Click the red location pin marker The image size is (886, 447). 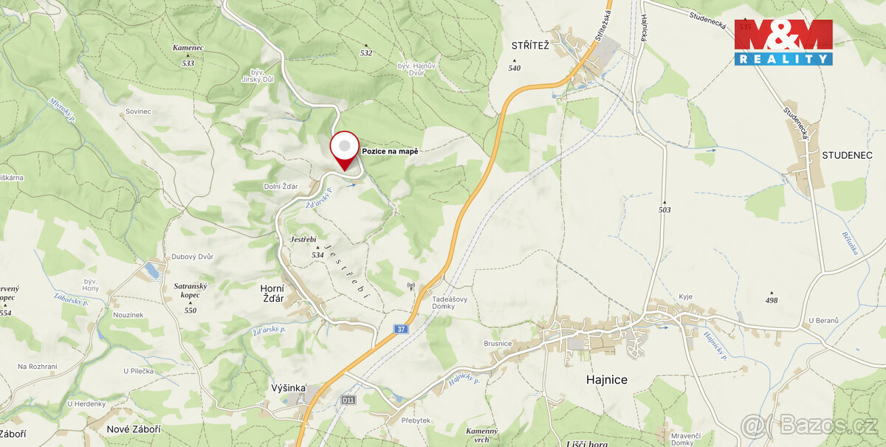[x=344, y=149]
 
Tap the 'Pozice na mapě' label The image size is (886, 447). [x=390, y=151]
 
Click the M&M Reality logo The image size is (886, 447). [x=783, y=42]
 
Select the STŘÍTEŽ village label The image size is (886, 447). [x=530, y=46]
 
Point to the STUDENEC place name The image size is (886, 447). [x=847, y=156]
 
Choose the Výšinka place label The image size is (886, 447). [x=288, y=388]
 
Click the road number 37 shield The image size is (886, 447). [x=400, y=328]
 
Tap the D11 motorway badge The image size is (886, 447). [x=348, y=400]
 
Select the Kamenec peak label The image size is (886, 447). [x=188, y=48]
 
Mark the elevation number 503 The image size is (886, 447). [x=665, y=210]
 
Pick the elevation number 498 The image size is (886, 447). [x=772, y=300]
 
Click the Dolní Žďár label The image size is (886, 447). [x=280, y=186]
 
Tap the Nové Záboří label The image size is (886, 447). [x=134, y=429]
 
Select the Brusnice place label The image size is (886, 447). [x=498, y=344]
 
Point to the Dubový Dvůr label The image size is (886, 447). [x=192, y=257]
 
